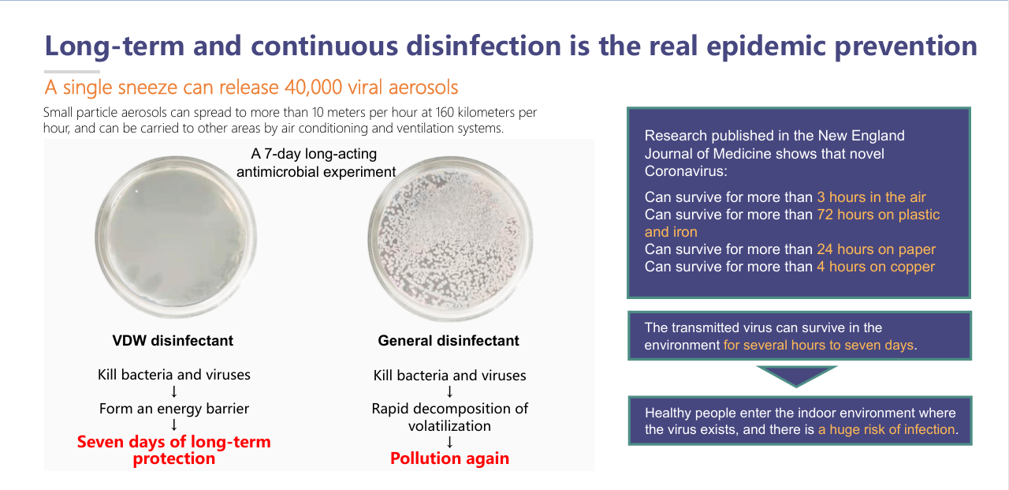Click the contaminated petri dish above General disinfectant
(450, 238)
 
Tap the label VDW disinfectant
(173, 340)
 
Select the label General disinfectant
(449, 340)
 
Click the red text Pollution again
(449, 458)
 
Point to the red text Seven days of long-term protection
(174, 450)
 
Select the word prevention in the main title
(906, 47)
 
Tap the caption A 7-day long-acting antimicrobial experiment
(316, 163)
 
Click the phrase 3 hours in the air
(871, 197)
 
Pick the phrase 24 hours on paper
(876, 249)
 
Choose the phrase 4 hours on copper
(876, 267)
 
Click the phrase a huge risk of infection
(887, 429)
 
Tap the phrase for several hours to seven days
(818, 346)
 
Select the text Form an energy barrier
(174, 409)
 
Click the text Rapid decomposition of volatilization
(449, 417)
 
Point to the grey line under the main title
(72, 72)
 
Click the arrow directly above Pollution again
(449, 442)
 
